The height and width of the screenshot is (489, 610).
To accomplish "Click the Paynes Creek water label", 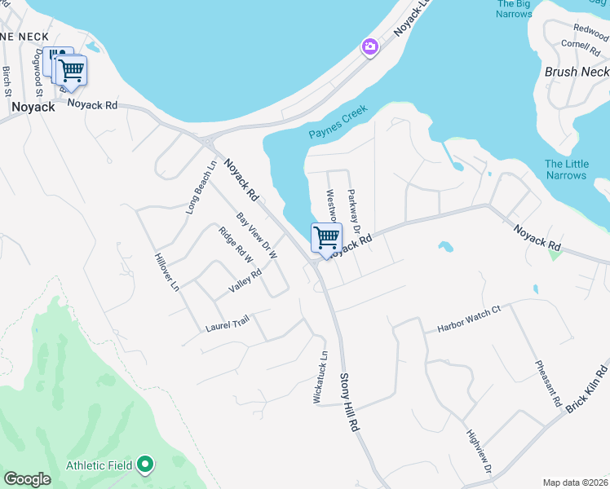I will pos(338,122).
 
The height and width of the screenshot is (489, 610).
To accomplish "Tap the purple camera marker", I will pos(370,47).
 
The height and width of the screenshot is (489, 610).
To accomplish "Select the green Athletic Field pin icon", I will pos(145,465).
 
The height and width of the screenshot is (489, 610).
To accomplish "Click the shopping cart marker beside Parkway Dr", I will pos(326,238).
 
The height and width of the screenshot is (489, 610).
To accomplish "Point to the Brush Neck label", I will pos(577,72).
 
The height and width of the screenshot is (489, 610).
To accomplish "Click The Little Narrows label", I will pos(566,170).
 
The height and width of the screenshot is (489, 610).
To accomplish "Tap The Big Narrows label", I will pos(514,9).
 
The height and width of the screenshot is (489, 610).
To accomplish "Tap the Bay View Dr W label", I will pos(257,236).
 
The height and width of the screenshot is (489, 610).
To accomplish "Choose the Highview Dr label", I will pos(479,453).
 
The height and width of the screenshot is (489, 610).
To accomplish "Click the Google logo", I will pos(27,479).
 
